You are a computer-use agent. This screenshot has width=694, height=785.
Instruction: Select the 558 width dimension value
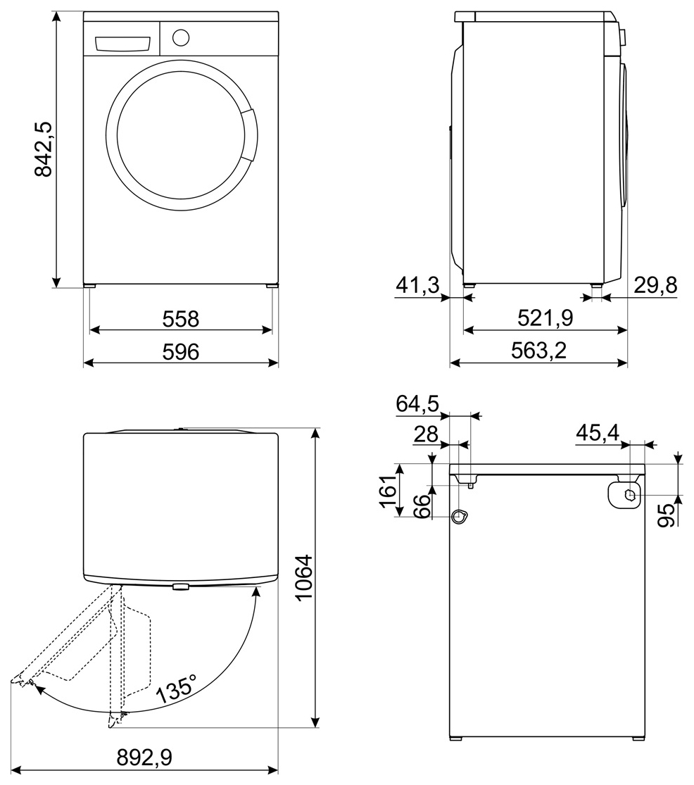click(x=181, y=319)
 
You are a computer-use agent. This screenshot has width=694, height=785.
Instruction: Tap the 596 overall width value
click(x=181, y=351)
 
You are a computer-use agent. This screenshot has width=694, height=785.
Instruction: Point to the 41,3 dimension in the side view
click(x=417, y=286)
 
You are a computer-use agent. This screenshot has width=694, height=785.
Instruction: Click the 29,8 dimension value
click(x=654, y=286)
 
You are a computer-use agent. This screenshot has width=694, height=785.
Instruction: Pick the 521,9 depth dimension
click(x=545, y=318)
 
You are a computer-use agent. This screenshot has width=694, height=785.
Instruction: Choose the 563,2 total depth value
click(x=538, y=351)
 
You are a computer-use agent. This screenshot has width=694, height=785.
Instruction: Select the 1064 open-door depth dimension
click(x=303, y=577)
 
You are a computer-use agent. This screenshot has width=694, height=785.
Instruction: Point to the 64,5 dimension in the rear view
click(x=417, y=404)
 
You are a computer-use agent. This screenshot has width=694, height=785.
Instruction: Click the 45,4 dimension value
click(x=598, y=434)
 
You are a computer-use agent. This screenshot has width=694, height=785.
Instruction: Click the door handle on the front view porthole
click(x=248, y=136)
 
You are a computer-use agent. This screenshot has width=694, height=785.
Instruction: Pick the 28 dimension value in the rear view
click(x=427, y=434)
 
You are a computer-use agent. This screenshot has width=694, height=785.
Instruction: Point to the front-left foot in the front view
click(x=90, y=286)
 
